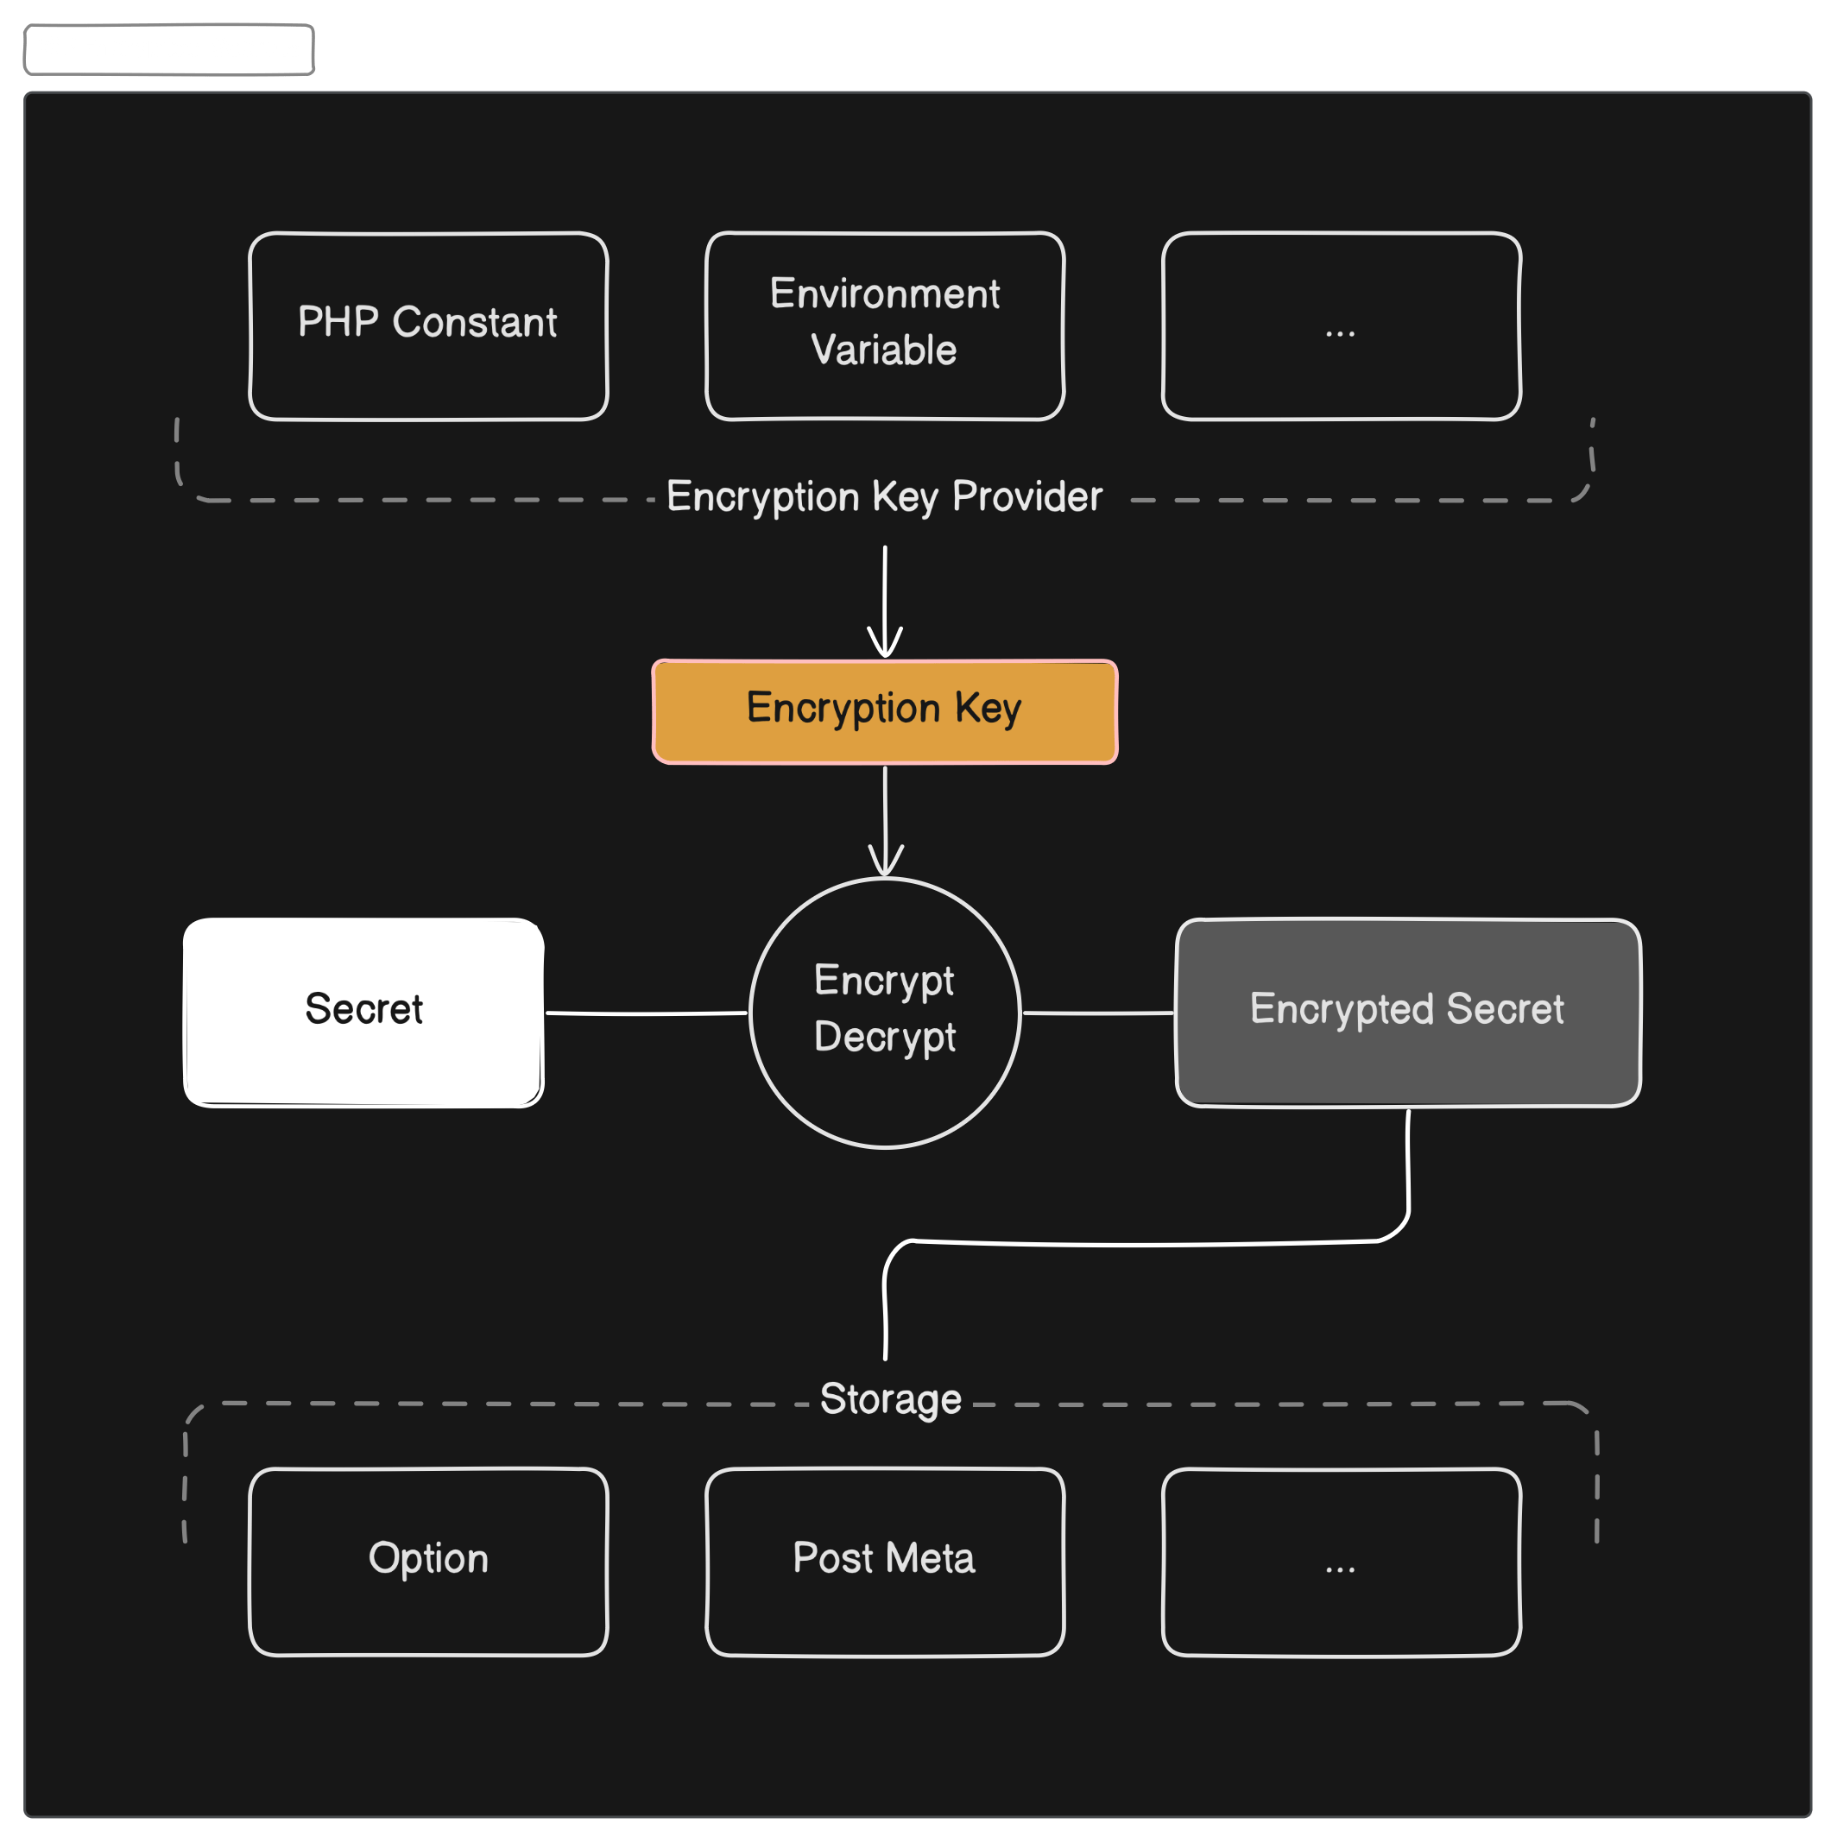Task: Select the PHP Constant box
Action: tap(428, 325)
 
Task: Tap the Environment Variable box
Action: tap(884, 325)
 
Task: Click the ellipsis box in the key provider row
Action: tap(1341, 325)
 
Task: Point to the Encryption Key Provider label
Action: tap(884, 497)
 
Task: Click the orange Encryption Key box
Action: tap(884, 710)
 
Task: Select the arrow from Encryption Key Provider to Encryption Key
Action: tap(885, 601)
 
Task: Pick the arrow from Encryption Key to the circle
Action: tap(885, 820)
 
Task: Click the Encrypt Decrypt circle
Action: tap(885, 1011)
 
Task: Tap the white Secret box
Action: tap(363, 1011)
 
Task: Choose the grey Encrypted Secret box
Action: tap(1408, 1011)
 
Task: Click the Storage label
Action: tap(891, 1399)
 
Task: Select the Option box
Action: tap(428, 1561)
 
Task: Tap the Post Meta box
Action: tap(884, 1561)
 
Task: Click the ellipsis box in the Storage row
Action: tap(1341, 1561)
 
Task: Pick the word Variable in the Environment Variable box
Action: tap(884, 350)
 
